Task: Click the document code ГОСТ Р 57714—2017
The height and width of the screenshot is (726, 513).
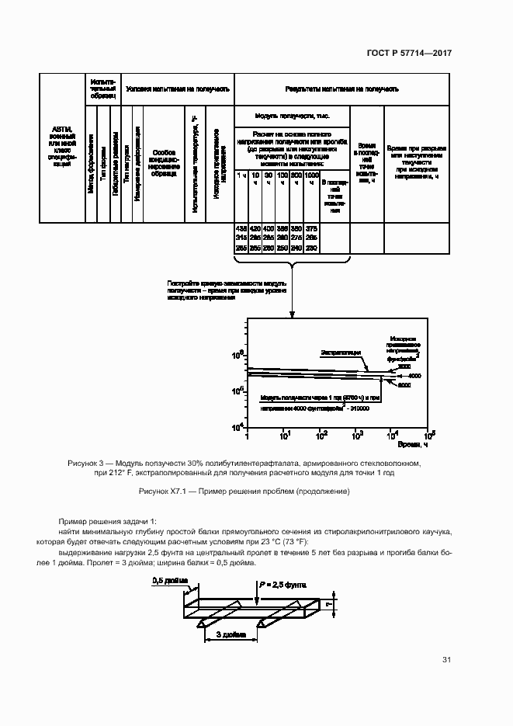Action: (x=408, y=53)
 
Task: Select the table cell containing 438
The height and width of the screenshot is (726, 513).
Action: (x=241, y=228)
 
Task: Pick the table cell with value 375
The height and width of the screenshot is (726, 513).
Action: (x=311, y=228)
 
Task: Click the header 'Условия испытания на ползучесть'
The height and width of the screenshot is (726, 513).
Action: (x=177, y=89)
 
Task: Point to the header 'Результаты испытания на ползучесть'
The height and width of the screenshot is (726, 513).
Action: (x=341, y=89)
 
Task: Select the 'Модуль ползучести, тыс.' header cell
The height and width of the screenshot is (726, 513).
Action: (x=292, y=115)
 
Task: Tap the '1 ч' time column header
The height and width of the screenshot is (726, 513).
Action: (x=241, y=179)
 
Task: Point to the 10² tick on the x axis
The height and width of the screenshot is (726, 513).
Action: (x=321, y=435)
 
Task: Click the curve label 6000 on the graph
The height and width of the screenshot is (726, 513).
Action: (x=404, y=385)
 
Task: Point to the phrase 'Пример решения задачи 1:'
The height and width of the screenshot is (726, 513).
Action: (x=107, y=519)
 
